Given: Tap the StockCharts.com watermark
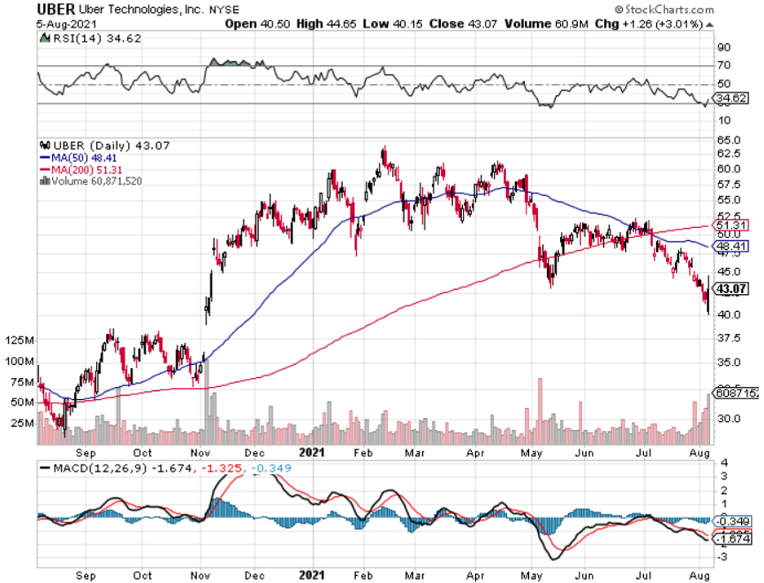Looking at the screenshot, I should pyautogui.click(x=666, y=9).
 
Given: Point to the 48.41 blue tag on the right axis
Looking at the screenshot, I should pyautogui.click(x=731, y=244).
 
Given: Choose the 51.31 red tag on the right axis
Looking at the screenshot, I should pyautogui.click(x=731, y=225).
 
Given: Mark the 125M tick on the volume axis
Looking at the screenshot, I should pyautogui.click(x=17, y=339).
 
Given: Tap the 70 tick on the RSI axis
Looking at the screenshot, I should pyautogui.click(x=723, y=65).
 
